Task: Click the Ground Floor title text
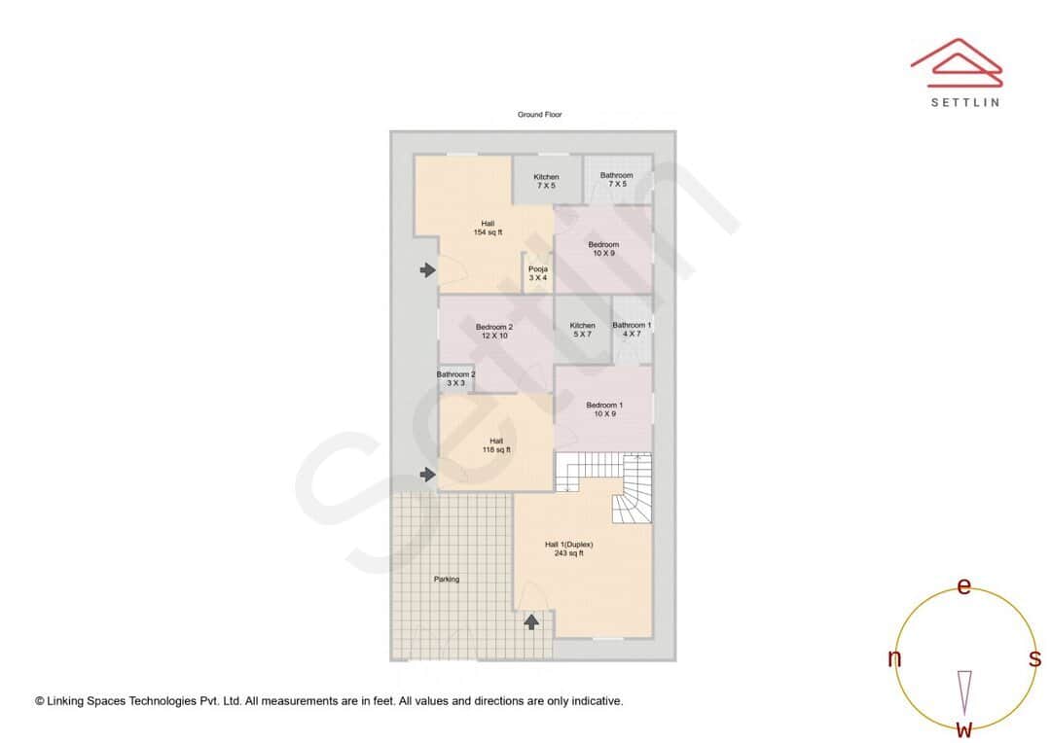point(539,115)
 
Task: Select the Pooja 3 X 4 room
point(538,273)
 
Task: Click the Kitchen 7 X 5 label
point(546,181)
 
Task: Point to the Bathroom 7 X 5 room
point(616,180)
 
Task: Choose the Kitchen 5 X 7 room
point(582,330)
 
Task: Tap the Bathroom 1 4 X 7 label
point(632,330)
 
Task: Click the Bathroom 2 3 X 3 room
point(455,379)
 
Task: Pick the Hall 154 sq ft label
point(488,229)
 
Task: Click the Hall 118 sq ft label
point(496,445)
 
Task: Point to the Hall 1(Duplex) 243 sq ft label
point(569,548)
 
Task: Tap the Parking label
point(447,580)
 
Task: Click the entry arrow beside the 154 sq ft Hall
point(427,270)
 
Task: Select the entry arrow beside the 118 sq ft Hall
point(427,475)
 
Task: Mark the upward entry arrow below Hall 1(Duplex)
point(531,621)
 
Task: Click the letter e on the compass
point(964,586)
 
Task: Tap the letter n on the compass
point(894,659)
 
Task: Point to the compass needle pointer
point(964,691)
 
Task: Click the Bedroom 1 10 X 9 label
point(604,409)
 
